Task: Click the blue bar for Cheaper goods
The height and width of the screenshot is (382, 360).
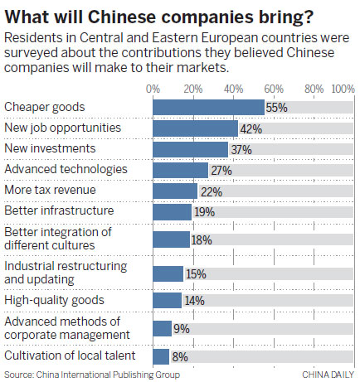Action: pyautogui.click(x=208, y=107)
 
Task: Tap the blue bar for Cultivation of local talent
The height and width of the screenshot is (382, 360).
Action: pyautogui.click(x=161, y=356)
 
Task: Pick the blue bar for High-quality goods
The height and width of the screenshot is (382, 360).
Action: pyautogui.click(x=167, y=300)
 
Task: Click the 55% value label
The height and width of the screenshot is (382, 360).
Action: pyautogui.click(x=276, y=108)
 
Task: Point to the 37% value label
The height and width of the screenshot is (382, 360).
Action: pyautogui.click(x=240, y=149)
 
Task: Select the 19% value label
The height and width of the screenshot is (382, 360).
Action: pyautogui.click(x=203, y=212)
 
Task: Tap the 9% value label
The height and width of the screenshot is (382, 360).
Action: pyautogui.click(x=181, y=328)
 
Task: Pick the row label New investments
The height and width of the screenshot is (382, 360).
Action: pyautogui.click(x=42, y=148)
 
